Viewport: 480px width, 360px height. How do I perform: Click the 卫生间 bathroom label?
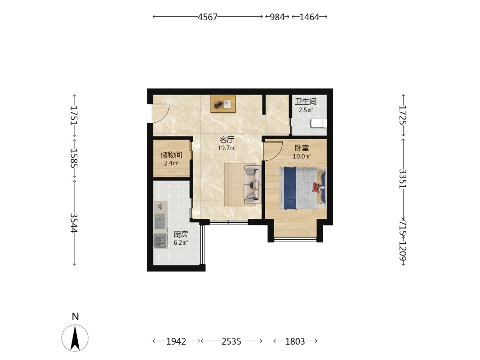point(305,101)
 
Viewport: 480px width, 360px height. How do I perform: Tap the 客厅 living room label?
point(227,140)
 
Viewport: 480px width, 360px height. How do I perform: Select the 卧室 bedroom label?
point(302,148)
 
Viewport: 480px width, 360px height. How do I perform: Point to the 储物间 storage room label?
point(171,155)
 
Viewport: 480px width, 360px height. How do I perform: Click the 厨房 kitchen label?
point(180,235)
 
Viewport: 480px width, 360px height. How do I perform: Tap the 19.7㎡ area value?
point(227,148)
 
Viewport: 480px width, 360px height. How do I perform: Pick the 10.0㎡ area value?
point(302,157)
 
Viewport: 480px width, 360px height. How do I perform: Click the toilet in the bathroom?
point(319,123)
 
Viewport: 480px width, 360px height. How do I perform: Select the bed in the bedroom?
point(303,188)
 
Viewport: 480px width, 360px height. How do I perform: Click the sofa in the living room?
point(252,185)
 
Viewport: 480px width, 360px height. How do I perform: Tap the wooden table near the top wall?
point(223,104)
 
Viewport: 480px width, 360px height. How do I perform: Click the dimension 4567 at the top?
point(207,17)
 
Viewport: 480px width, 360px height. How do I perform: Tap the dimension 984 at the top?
point(277,17)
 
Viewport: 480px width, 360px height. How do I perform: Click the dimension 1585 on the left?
point(74,158)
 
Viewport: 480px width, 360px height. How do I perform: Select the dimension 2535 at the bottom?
point(231,341)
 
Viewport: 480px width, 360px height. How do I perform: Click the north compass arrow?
point(75,338)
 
